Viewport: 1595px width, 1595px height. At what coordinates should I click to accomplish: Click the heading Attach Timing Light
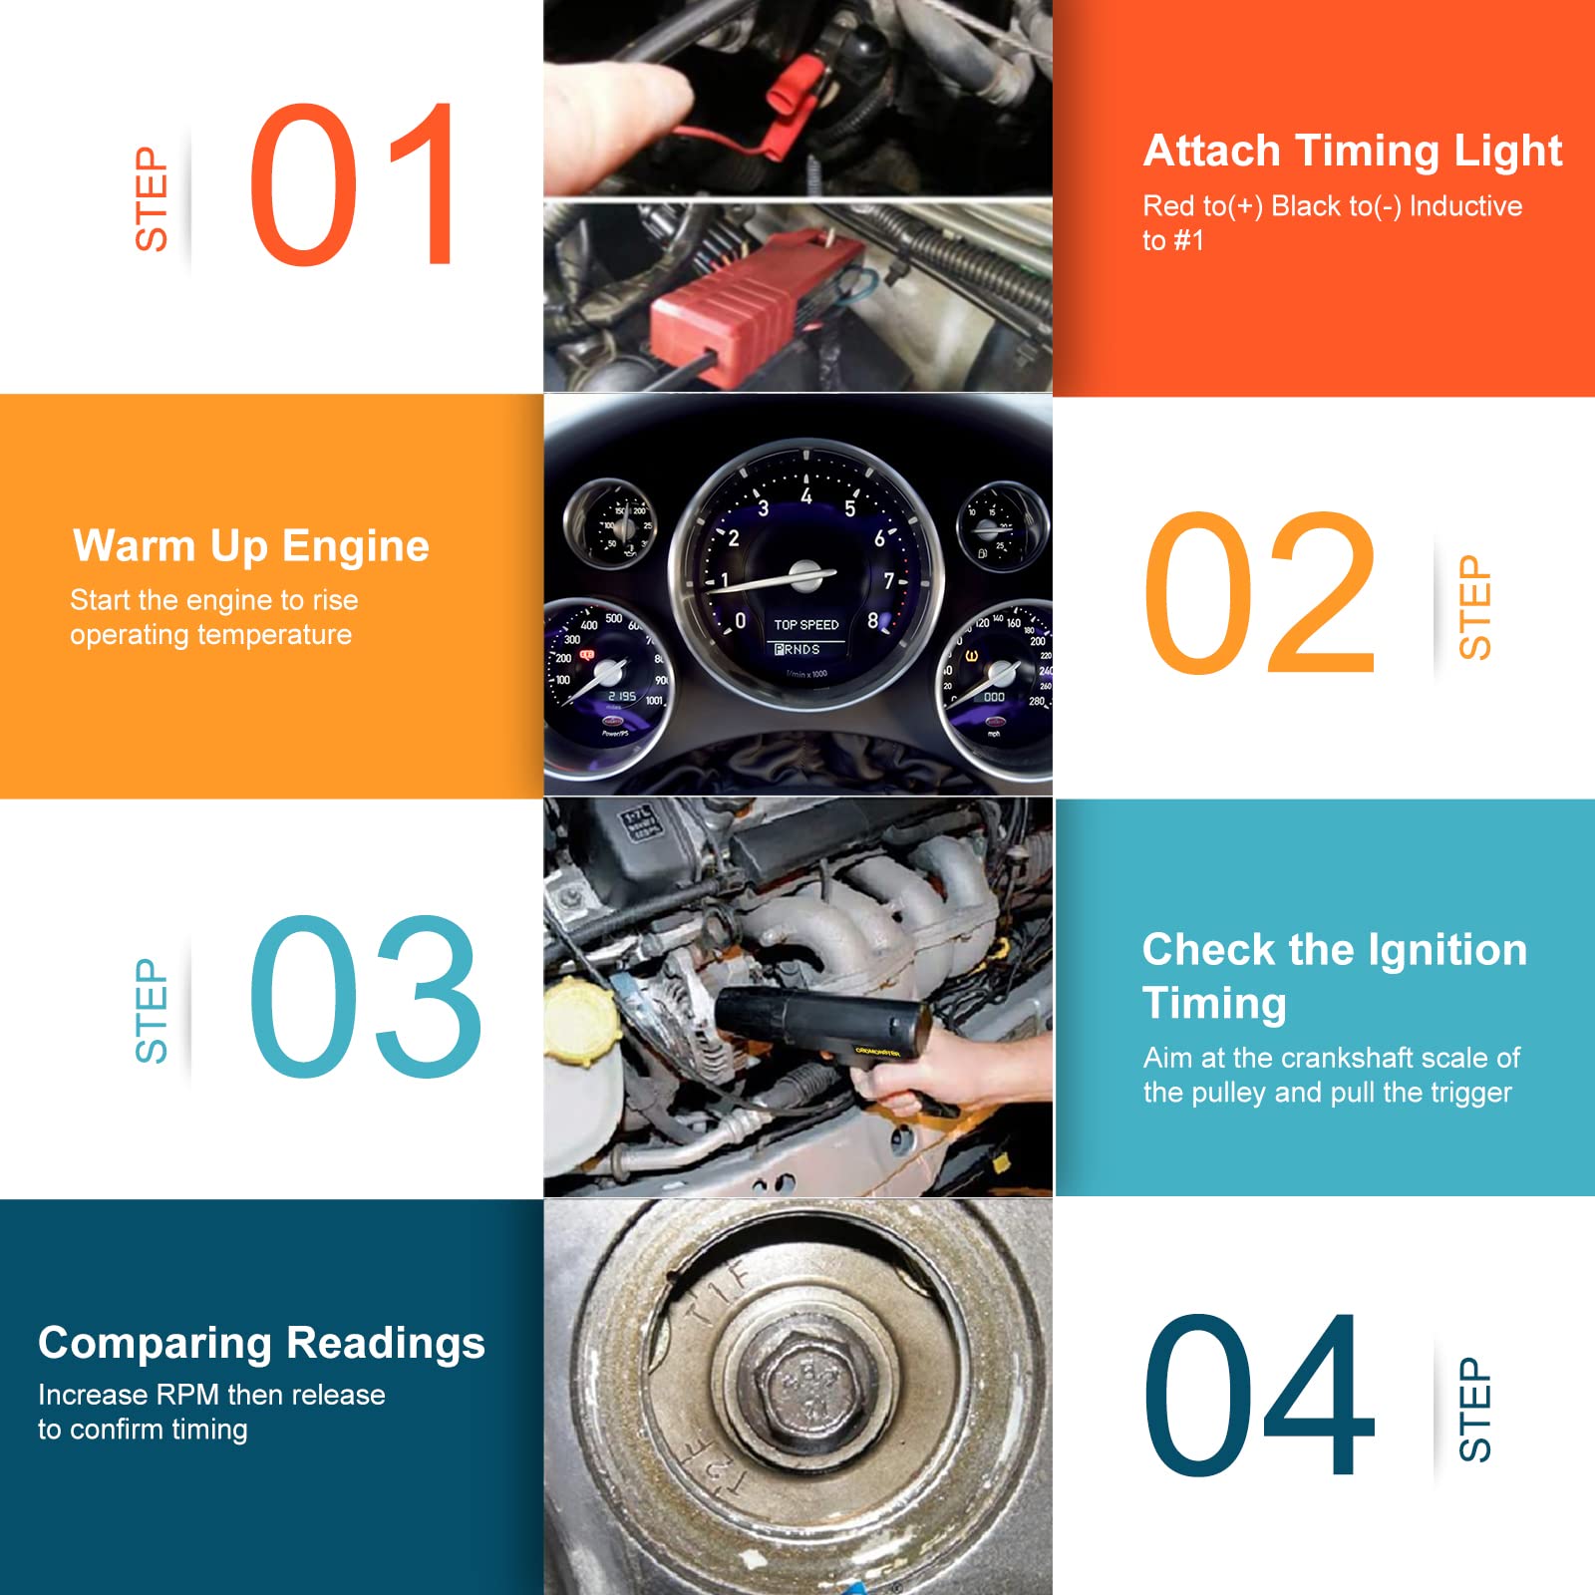(x=1352, y=152)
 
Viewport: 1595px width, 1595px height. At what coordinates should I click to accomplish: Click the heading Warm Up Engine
(x=251, y=546)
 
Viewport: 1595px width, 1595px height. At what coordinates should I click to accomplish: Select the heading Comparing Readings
(x=261, y=1343)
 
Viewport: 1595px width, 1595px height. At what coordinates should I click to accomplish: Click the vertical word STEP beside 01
(x=153, y=199)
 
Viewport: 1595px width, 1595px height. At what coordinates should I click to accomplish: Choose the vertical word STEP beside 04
(x=1475, y=1409)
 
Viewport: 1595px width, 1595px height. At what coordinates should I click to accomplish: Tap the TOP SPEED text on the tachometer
(x=806, y=625)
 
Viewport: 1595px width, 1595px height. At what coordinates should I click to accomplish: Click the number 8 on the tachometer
(x=873, y=620)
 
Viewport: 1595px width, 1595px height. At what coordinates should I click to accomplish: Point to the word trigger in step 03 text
(x=1472, y=1093)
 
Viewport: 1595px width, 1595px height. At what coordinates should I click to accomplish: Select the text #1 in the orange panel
(x=1188, y=240)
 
